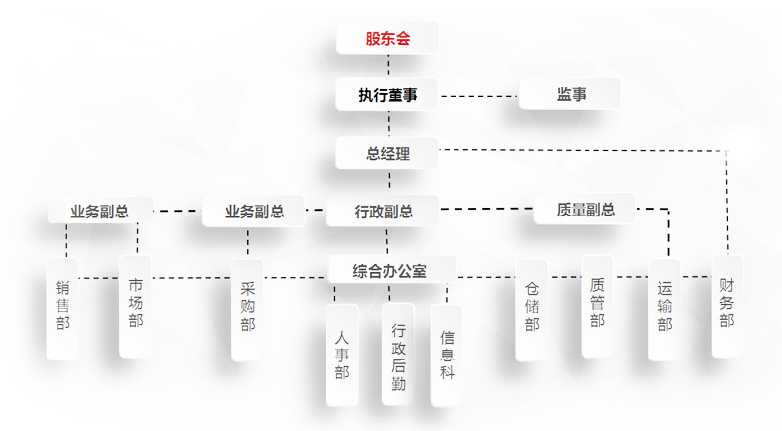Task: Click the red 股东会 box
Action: click(387, 39)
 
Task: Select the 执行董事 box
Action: click(387, 95)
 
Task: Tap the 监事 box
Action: click(571, 95)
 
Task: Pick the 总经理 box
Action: click(387, 154)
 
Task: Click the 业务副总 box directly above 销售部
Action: click(99, 211)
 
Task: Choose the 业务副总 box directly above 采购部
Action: click(254, 211)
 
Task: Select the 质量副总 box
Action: click(586, 210)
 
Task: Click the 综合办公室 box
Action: click(390, 270)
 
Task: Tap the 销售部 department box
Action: click(63, 308)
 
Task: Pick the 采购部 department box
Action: click(247, 310)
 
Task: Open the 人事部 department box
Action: click(342, 355)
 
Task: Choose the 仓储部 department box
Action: click(532, 310)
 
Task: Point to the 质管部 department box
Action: click(597, 305)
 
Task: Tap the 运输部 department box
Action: click(664, 310)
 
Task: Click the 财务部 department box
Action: click(727, 306)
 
